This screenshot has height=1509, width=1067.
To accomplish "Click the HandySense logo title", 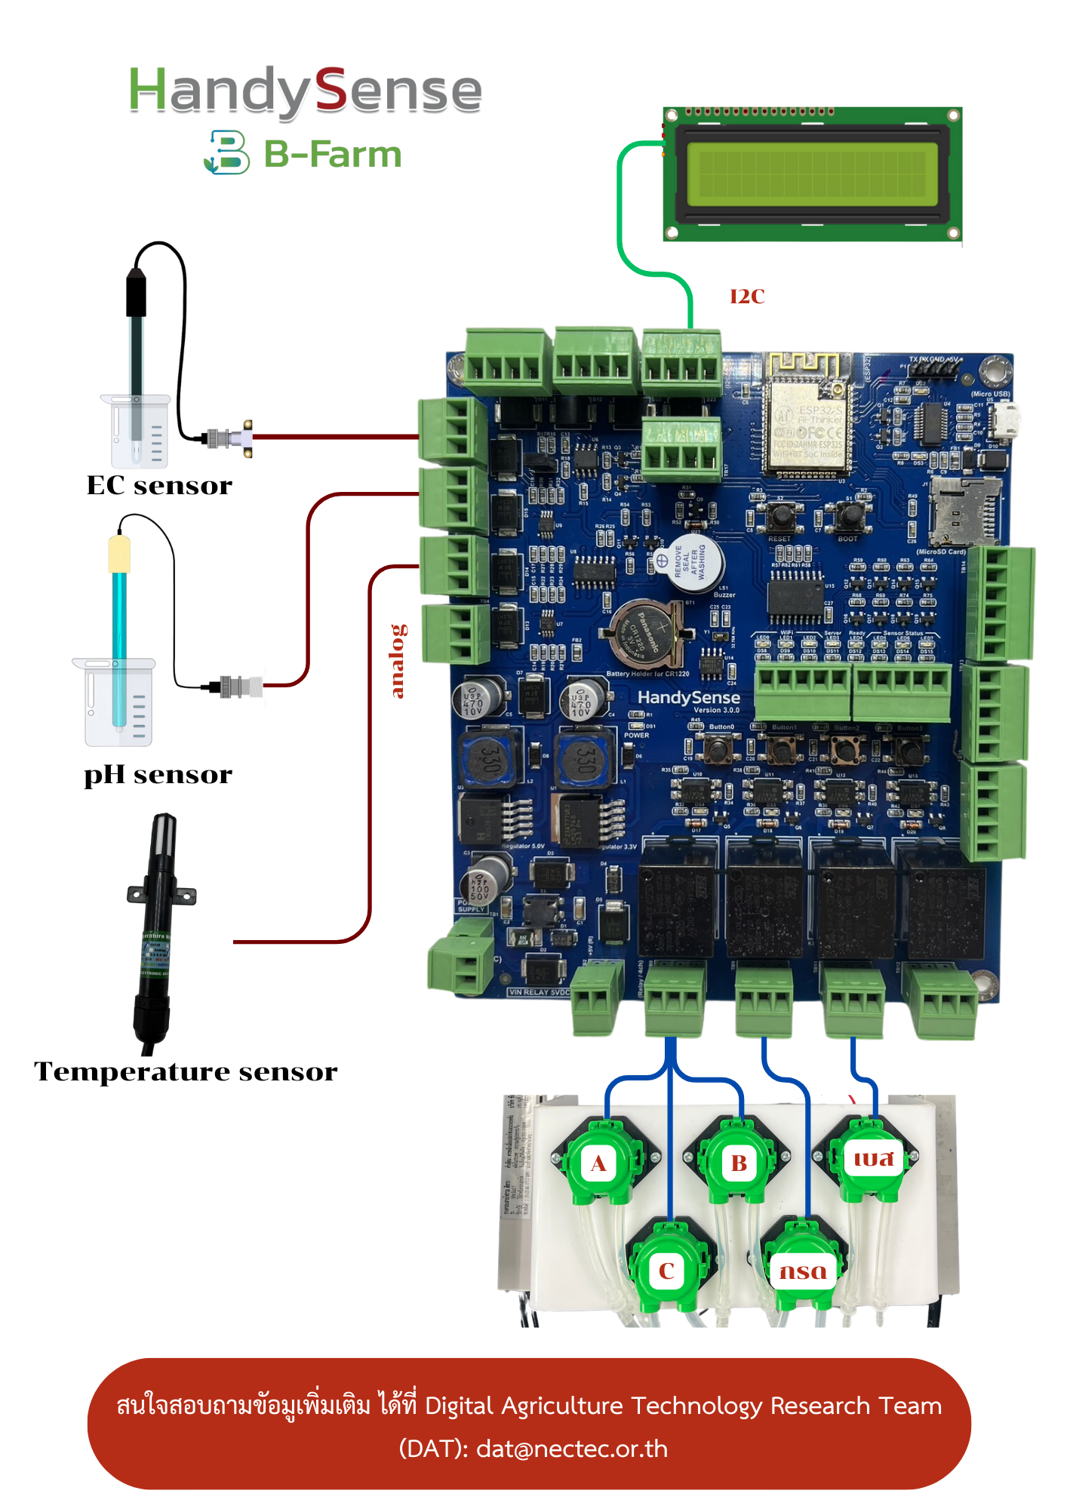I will point(305,91).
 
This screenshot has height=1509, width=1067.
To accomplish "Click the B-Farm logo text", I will point(332,154).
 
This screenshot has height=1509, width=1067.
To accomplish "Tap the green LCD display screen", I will point(812,174).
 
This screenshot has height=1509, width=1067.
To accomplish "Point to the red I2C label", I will point(747,297).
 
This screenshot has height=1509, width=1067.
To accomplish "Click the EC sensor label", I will point(159,485).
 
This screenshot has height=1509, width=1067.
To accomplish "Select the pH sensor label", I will point(158,775).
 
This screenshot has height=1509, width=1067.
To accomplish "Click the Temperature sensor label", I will point(186,1071).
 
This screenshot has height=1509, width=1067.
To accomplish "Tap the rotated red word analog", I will point(398,661).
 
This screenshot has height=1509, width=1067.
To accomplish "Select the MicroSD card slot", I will point(964,512).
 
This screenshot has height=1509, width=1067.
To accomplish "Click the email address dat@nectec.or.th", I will point(572,1449).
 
